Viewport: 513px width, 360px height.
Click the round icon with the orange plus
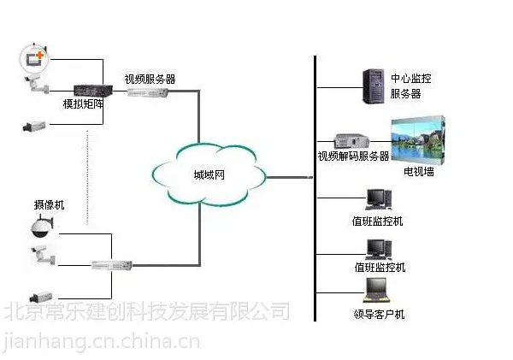pyautogui.click(x=34, y=59)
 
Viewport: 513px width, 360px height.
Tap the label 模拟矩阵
pyautogui.click(x=84, y=103)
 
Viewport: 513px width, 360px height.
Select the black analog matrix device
pyautogui.click(x=93, y=91)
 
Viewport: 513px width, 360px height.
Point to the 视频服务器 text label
pyautogui.click(x=150, y=79)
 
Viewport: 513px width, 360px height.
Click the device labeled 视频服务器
pyautogui.click(x=148, y=93)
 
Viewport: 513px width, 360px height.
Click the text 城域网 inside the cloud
pyautogui.click(x=209, y=174)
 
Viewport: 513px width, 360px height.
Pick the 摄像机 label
pyautogui.click(x=49, y=205)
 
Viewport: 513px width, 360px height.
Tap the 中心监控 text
pyautogui.click(x=411, y=79)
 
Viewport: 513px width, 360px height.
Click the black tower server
pyautogui.click(x=374, y=86)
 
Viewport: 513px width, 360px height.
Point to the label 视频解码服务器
pyautogui.click(x=354, y=156)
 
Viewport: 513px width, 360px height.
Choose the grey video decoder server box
pyautogui.click(x=351, y=141)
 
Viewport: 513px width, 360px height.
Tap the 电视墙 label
pyautogui.click(x=419, y=172)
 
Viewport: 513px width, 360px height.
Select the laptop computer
pyautogui.click(x=376, y=290)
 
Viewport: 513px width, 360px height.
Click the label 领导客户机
pyautogui.click(x=379, y=314)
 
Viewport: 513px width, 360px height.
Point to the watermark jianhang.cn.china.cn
pyautogui.click(x=102, y=341)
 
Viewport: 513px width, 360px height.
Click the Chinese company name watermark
pyautogui.click(x=147, y=310)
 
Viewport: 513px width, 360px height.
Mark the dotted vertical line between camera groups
pyautogui.click(x=87, y=177)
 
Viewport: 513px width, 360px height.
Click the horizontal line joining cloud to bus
pyautogui.click(x=290, y=177)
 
